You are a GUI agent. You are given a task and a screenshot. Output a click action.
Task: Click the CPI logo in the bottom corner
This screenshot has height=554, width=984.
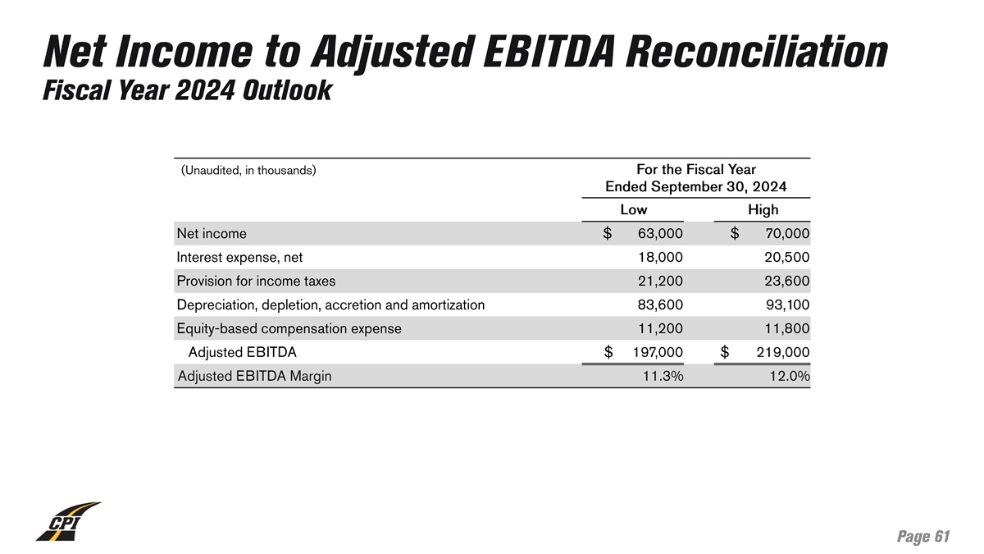tap(67, 522)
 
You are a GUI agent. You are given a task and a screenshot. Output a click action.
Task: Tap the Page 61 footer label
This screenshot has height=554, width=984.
tap(923, 537)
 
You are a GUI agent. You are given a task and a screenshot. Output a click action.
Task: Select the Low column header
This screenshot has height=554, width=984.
tap(633, 210)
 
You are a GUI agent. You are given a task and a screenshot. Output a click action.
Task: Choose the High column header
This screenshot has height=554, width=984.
tap(763, 210)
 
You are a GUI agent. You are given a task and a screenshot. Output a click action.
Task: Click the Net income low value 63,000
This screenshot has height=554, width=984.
tap(659, 234)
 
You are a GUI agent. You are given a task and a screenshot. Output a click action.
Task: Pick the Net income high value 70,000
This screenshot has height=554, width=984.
tap(786, 234)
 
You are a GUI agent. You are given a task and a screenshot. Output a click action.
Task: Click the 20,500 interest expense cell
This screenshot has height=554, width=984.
tap(786, 258)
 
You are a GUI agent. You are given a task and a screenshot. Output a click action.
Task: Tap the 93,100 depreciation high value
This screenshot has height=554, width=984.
tap(786, 305)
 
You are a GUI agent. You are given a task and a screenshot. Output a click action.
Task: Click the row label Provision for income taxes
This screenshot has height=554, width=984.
tap(256, 282)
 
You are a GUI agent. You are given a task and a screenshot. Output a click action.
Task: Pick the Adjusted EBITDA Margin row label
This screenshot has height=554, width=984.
tap(255, 377)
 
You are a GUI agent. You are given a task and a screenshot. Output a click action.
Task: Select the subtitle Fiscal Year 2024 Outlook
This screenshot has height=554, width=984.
tap(186, 90)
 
